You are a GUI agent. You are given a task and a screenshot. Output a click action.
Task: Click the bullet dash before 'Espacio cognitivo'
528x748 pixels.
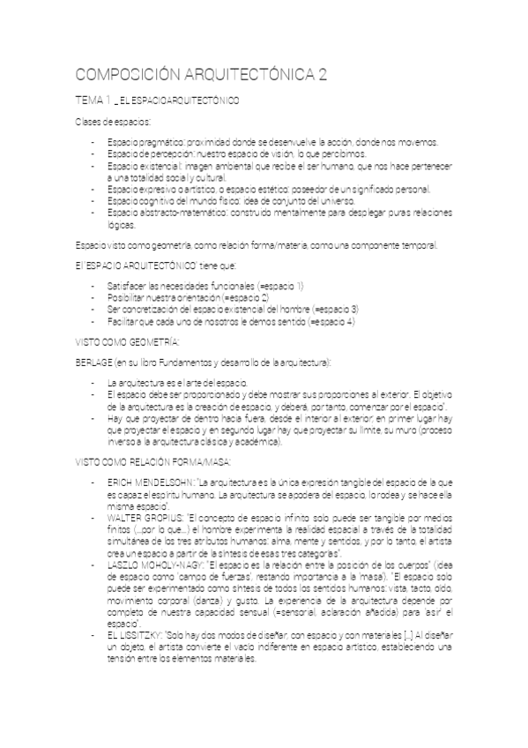point(93,201)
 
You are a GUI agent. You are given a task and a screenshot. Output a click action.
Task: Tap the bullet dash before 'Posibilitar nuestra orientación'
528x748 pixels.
point(93,298)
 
